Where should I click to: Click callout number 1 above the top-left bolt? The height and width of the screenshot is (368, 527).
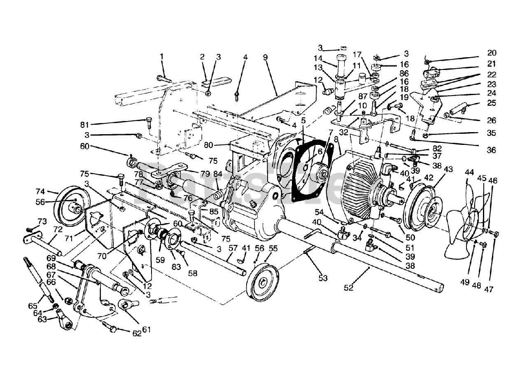click(x=162, y=56)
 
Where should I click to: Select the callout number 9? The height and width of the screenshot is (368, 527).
click(x=266, y=57)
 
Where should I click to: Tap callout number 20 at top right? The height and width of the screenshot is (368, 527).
click(x=492, y=53)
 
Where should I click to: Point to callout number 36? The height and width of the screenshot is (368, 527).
click(x=492, y=150)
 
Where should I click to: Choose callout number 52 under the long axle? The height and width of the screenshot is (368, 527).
click(x=348, y=288)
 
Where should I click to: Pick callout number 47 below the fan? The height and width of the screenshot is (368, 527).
click(x=489, y=289)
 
